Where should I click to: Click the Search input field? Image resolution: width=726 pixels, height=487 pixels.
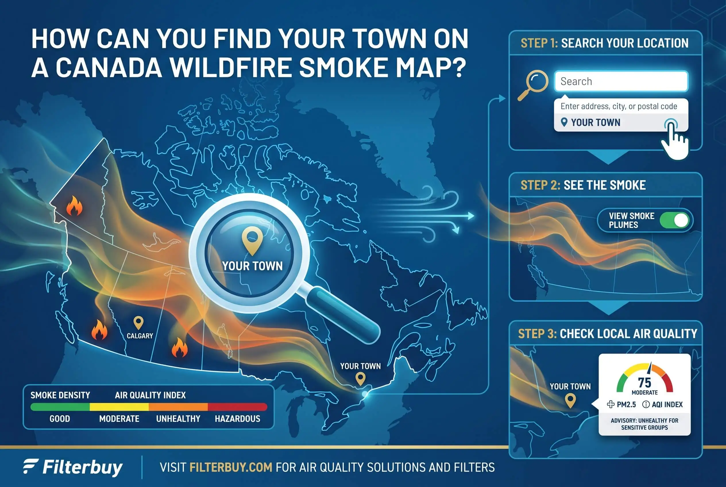[x=621, y=81]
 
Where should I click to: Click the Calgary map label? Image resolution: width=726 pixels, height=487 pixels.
[x=140, y=336]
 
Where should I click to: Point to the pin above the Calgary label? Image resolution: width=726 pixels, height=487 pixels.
[x=138, y=323]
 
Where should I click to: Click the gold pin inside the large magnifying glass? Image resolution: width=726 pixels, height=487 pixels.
[x=252, y=240]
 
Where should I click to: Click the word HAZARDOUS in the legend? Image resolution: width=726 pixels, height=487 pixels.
[x=238, y=419]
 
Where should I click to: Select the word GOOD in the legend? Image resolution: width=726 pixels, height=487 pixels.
[x=60, y=419]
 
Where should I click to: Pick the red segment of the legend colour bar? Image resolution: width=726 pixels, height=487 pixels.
[x=237, y=407]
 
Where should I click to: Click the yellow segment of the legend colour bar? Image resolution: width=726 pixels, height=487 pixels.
[x=119, y=407]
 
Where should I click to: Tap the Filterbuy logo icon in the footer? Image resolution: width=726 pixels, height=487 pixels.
[x=31, y=466]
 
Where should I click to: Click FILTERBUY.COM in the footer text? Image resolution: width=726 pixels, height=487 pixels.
[x=231, y=467]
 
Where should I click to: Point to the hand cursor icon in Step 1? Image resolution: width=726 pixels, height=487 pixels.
[x=674, y=140]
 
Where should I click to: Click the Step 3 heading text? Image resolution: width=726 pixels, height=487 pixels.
[x=608, y=334]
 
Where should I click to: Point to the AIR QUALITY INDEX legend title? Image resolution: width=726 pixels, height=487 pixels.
[x=150, y=395]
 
